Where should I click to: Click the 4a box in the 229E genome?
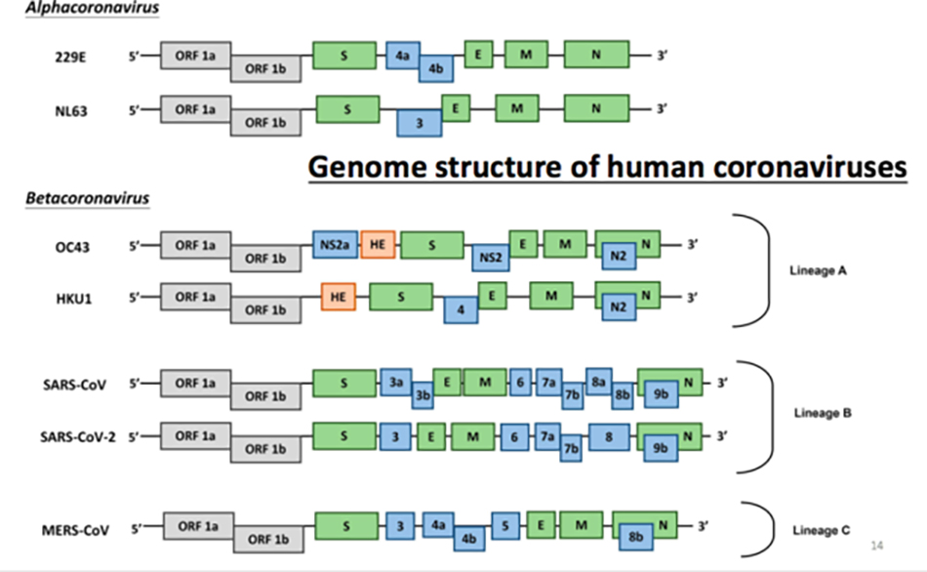pyautogui.click(x=403, y=56)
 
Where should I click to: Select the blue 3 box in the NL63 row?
pyautogui.click(x=420, y=123)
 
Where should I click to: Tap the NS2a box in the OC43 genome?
pyautogui.click(x=336, y=244)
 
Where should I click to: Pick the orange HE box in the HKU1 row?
pyautogui.click(x=339, y=297)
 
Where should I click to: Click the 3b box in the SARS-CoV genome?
pyautogui.click(x=423, y=395)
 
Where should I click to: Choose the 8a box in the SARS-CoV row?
pyautogui.click(x=599, y=382)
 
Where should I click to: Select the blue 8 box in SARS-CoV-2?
pyautogui.click(x=609, y=437)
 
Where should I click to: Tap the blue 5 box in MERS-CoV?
pyautogui.click(x=505, y=526)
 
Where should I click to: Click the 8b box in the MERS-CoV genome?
pyautogui.click(x=636, y=537)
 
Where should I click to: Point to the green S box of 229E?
pyautogui.click(x=344, y=56)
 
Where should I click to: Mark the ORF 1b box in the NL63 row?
pyautogui.click(x=265, y=122)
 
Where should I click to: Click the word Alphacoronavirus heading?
pyautogui.click(x=93, y=8)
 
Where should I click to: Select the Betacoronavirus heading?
pyautogui.click(x=88, y=197)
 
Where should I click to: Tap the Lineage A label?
pyautogui.click(x=819, y=271)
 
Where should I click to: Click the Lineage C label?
pyautogui.click(x=822, y=530)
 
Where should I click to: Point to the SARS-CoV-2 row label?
pyautogui.click(x=78, y=437)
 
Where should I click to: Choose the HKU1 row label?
pyautogui.click(x=74, y=299)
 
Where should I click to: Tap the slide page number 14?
pyautogui.click(x=877, y=546)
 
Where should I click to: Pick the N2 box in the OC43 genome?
pyautogui.click(x=619, y=256)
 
